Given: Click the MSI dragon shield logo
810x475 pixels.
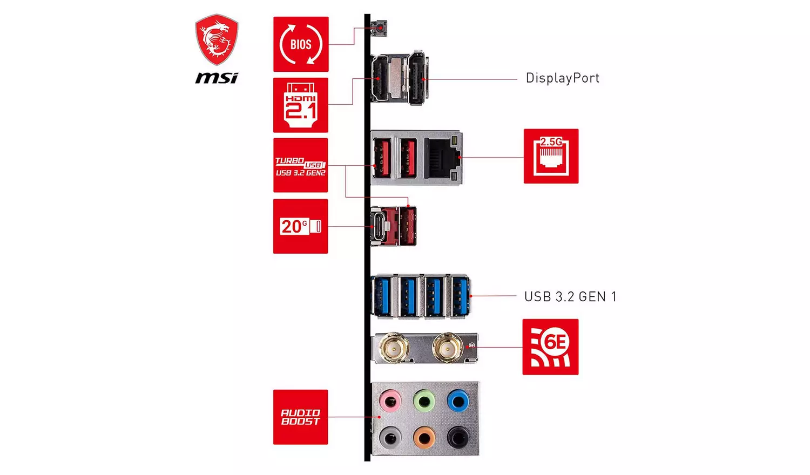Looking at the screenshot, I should tap(217, 39).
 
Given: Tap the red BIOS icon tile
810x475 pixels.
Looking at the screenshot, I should tap(301, 44).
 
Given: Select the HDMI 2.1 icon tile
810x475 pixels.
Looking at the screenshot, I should tap(301, 105).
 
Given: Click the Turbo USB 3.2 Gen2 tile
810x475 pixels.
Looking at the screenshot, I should tap(301, 165).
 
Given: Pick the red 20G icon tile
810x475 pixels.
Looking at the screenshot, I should tap(301, 226).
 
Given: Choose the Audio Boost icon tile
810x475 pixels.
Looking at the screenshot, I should tap(301, 417).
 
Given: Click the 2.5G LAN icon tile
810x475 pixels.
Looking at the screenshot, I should tap(551, 156).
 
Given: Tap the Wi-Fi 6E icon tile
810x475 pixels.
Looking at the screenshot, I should tap(550, 347).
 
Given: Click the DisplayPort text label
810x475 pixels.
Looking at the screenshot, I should tap(563, 78).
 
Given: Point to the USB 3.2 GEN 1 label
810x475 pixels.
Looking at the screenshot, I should tap(570, 297).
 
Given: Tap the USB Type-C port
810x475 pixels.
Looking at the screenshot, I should tap(380, 226).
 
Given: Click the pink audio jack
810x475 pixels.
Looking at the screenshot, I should tap(390, 401).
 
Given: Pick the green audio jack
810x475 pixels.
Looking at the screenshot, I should tap(424, 401).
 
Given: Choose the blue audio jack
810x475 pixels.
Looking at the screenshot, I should tap(458, 401).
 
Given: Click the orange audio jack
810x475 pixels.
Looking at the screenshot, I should tap(424, 436).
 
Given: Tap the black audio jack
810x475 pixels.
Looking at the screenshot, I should tap(458, 436).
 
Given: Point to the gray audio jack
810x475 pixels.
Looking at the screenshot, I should tap(390, 436).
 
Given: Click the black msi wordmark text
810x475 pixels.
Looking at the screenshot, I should tap(217, 78).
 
